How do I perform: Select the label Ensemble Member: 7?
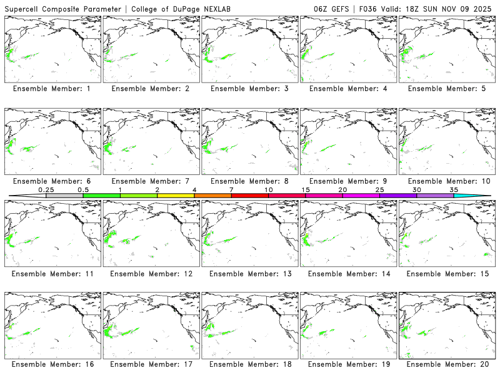pyautogui.click(x=152, y=181)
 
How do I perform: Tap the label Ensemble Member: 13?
pyautogui.click(x=250, y=274)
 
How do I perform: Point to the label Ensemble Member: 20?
pyautogui.click(x=447, y=364)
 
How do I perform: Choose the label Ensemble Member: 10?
pyautogui.click(x=447, y=181)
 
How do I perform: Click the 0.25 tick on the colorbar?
pyautogui.click(x=46, y=195)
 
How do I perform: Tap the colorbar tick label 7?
pyautogui.click(x=231, y=189)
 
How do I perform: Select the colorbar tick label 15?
pyautogui.click(x=305, y=189)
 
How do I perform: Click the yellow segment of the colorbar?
pyautogui.click(x=176, y=196)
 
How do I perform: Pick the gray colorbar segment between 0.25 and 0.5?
pyautogui.click(x=64, y=196)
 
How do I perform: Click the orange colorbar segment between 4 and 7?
pyautogui.click(x=212, y=196)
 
